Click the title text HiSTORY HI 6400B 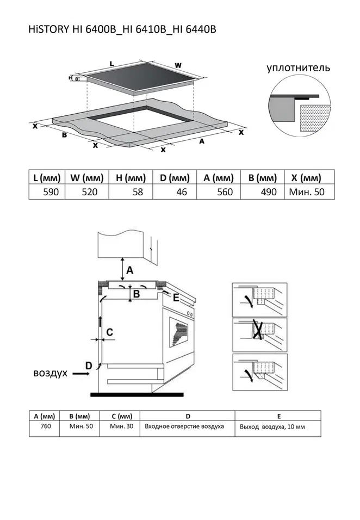pos(72,29)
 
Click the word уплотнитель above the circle pos(299,67)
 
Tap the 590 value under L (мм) pos(51,192)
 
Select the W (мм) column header pos(87,178)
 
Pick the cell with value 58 pos(138,192)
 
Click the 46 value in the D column pos(182,192)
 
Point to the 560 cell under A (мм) pos(225,192)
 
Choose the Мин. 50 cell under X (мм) pos(307,192)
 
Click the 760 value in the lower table pos(46,426)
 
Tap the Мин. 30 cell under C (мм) pos(122,426)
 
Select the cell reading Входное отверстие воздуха pos(184,426)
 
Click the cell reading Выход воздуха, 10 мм pos(272,427)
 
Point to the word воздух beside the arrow pos(51,373)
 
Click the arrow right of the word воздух pos(81,374)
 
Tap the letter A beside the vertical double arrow pos(130,271)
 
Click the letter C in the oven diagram pos(109,332)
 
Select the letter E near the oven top pos(176,298)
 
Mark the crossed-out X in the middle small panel pos(258,329)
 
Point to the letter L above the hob pos(111,63)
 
